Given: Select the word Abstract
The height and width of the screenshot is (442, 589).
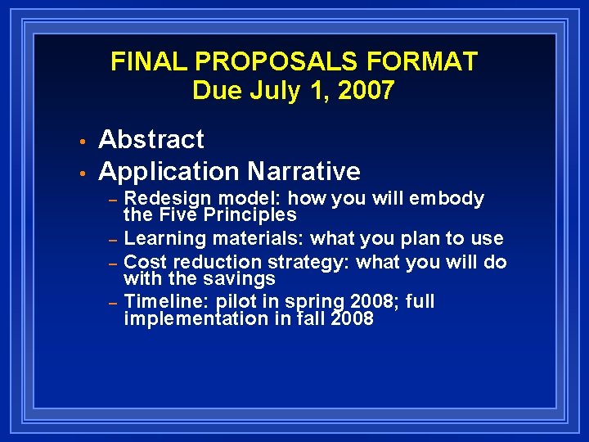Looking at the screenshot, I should (151, 140).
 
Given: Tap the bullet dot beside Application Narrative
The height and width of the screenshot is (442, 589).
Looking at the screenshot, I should (83, 172).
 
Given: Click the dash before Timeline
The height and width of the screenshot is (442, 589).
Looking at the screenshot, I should (115, 302).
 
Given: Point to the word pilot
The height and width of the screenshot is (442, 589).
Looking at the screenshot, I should (236, 301).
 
